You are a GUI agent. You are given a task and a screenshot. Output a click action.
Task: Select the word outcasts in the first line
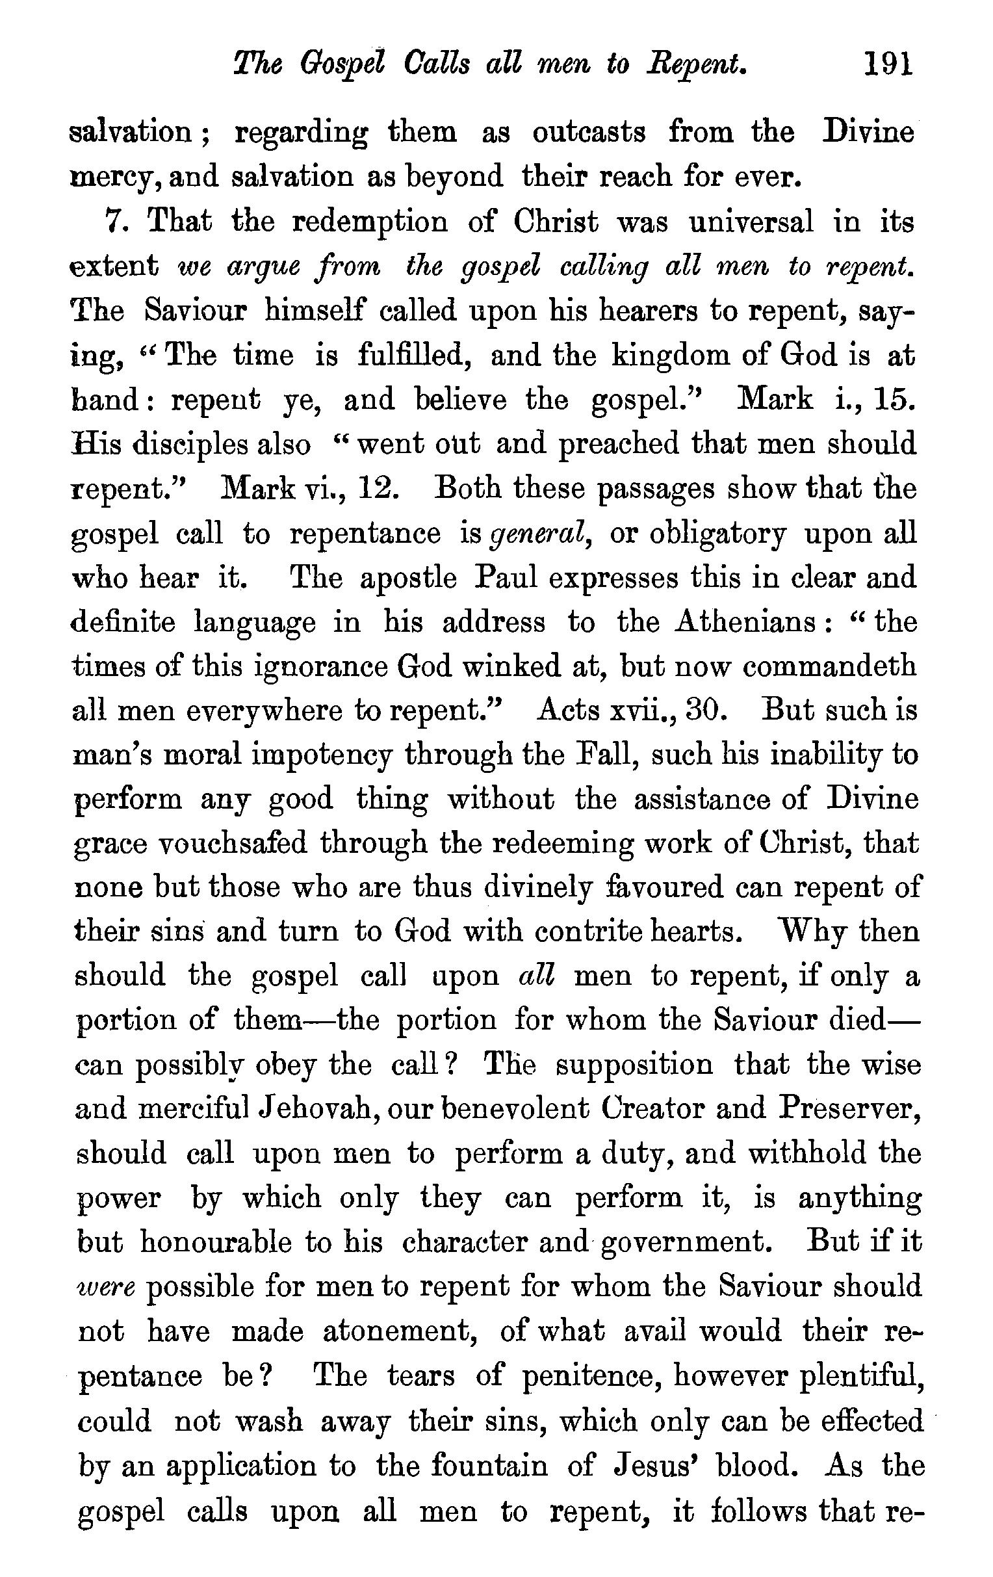[589, 133]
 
